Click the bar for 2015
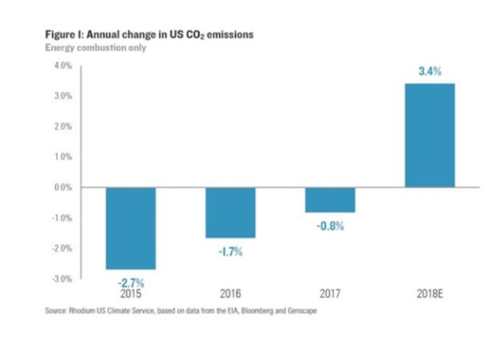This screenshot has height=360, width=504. (x=131, y=228)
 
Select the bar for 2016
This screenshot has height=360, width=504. (x=230, y=212)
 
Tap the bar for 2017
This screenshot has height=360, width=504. (x=330, y=199)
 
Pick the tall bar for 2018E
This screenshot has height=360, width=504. (x=430, y=135)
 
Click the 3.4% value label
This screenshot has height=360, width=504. (x=430, y=73)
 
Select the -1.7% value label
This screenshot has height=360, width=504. (x=230, y=251)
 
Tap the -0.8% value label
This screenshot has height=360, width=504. (x=330, y=225)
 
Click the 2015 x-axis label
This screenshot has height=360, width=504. (x=131, y=294)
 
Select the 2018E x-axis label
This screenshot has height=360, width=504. (x=431, y=294)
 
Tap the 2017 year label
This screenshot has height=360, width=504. (x=330, y=294)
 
